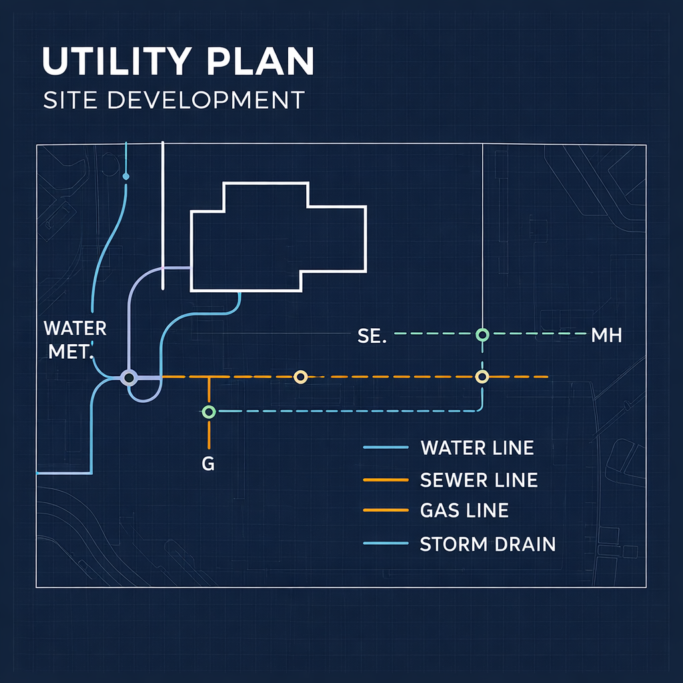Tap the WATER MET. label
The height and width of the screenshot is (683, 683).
pos(75,339)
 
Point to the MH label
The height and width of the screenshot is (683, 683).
pos(606,335)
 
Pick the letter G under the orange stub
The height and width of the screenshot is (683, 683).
pos(208,464)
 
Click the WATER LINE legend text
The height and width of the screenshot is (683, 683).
pos(477,448)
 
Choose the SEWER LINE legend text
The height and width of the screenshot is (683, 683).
pos(478,480)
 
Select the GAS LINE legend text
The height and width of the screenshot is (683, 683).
pos(464,511)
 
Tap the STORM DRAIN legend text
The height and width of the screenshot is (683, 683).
pos(488,544)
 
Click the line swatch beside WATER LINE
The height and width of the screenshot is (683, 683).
pos(386,448)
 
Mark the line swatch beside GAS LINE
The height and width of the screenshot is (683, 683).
pos(386,511)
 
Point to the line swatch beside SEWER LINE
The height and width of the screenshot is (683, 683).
pos(386,480)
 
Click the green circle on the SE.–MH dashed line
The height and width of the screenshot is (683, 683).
pos(482,333)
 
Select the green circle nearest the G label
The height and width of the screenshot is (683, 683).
pos(209,412)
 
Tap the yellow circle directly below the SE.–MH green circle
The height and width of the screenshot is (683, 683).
pos(482,377)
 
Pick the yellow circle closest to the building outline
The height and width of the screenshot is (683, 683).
pos(300,378)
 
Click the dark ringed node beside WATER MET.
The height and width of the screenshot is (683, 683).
pos(129,378)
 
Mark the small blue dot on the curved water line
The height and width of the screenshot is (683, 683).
pos(126,177)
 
